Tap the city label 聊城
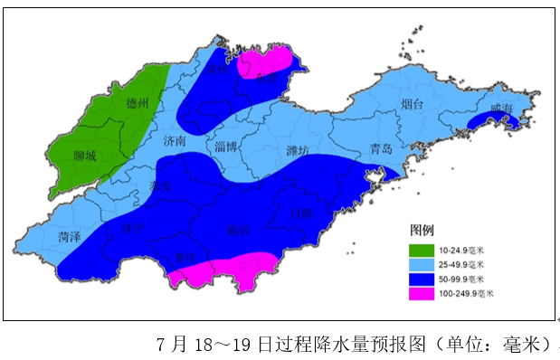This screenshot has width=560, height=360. coord(84,156)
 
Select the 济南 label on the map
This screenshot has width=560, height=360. coord(175,142)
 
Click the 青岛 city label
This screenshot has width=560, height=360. coord(381,150)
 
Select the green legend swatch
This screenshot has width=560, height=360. coord(421,249)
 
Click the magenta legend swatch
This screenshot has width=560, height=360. coord(421,294)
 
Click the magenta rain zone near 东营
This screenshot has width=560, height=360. coord(267,62)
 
